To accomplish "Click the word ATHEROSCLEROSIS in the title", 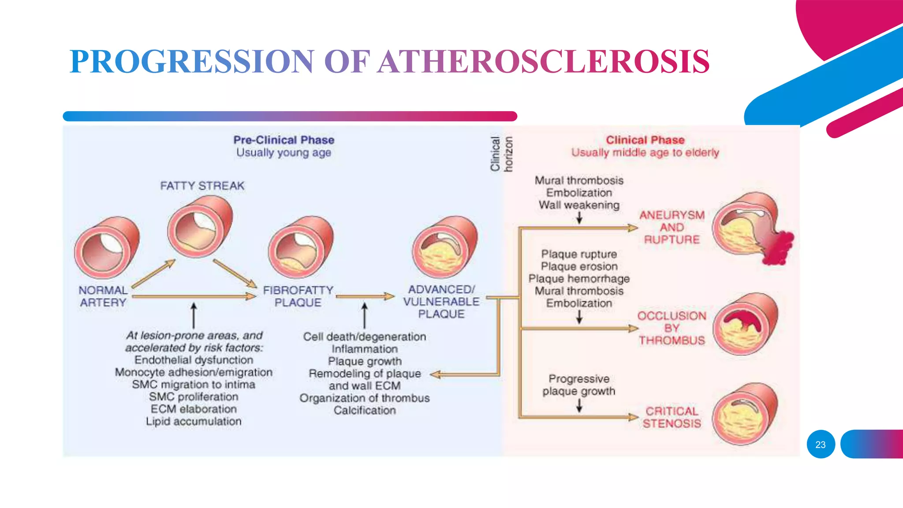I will (x=543, y=61).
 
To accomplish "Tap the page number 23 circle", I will (x=821, y=444).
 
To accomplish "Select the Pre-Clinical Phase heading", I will (x=284, y=140).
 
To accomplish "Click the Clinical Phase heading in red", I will (x=645, y=140).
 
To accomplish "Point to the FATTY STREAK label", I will (x=202, y=186).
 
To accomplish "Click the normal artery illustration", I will (x=106, y=248).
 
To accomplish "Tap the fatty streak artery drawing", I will (x=200, y=227).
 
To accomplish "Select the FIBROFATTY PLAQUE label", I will (x=298, y=296).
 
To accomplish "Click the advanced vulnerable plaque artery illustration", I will (x=444, y=247).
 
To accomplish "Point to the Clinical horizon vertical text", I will (x=501, y=153).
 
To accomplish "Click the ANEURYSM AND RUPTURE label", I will (x=672, y=228).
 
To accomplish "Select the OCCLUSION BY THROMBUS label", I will (x=672, y=328).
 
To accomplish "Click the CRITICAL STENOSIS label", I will (x=672, y=417).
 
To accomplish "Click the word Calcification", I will (x=364, y=411).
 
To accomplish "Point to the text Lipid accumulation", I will (x=194, y=422).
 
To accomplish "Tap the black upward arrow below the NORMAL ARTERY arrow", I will (x=193, y=315).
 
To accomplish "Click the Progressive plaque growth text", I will (x=578, y=385).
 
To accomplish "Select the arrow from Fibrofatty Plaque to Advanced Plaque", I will (x=365, y=296).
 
